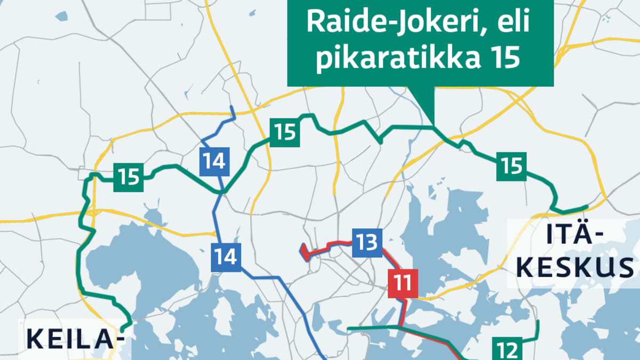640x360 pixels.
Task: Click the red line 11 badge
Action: point(404,283)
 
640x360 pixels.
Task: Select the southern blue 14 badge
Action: point(226,257)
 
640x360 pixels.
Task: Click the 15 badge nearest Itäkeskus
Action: point(511,166)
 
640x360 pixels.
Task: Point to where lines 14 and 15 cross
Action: point(223,191)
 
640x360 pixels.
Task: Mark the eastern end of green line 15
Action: point(587,206)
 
